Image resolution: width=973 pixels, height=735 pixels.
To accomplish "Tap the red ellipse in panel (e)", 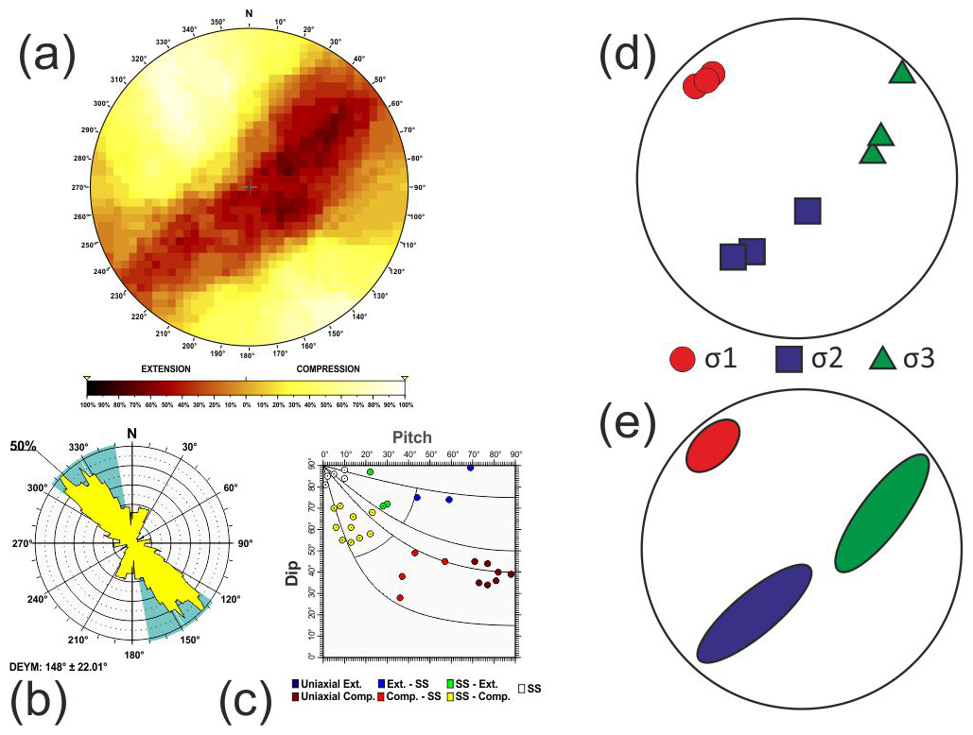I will coord(713,445).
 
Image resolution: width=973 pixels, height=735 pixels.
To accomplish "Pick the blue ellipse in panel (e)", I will coord(754,612).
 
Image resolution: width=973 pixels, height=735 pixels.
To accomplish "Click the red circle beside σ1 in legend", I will coord(683,359).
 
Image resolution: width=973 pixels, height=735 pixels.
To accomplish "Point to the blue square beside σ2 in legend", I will coord(790,359).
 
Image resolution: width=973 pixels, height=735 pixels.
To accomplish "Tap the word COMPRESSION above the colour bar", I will coord(322,368).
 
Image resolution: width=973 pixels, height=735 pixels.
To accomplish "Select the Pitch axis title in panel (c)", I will coord(413,437).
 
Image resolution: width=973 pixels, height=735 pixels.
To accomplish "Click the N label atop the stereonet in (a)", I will coord(249,12).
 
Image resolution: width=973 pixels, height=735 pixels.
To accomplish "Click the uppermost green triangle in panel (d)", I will coord(902,72).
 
